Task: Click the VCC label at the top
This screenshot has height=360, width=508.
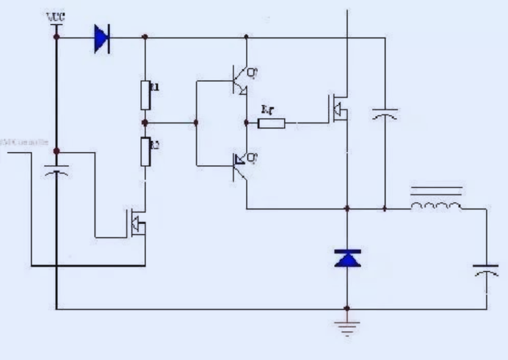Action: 55,16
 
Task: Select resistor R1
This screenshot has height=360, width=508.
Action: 145,93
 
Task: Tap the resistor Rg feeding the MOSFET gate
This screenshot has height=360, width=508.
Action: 272,123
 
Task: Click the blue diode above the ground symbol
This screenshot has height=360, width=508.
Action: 347,258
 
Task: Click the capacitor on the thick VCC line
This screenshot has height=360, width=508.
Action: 56,171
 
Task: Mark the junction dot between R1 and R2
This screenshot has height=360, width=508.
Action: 145,122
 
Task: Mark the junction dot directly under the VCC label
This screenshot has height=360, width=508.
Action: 56,37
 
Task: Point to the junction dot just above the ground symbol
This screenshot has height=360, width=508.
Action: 347,309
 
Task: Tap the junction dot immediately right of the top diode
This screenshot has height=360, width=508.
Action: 145,37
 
